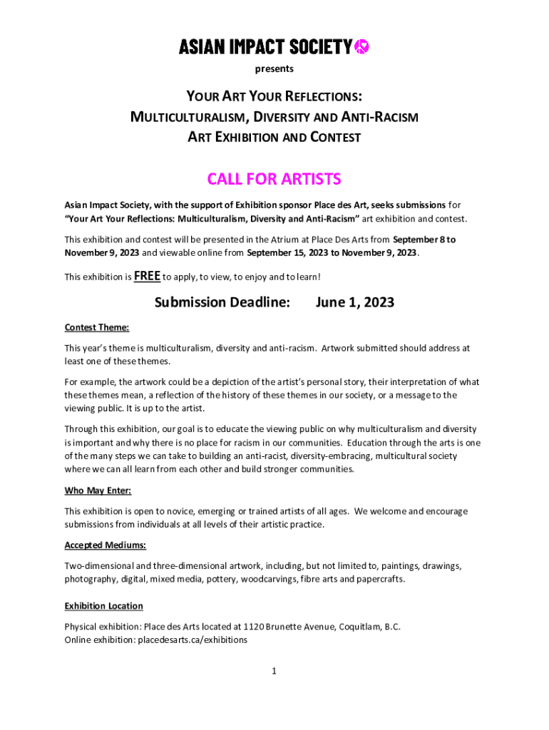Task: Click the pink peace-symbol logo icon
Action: pos(362,47)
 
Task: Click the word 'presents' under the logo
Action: pos(274,69)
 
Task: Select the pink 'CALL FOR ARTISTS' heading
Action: pos(274,178)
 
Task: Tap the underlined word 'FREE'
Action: pos(147,276)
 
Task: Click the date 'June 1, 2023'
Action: pos(354,303)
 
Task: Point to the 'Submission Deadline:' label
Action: pos(222,303)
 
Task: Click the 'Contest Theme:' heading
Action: pos(97,328)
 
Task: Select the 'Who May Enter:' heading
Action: pos(98,491)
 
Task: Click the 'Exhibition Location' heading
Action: pos(103,606)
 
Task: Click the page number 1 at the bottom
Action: pos(274,671)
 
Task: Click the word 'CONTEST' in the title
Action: pos(336,137)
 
